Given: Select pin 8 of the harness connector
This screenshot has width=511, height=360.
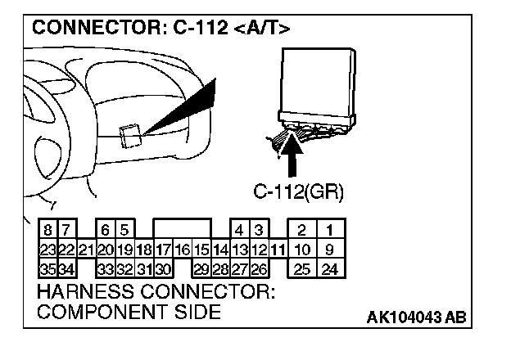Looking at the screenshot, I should (47, 232).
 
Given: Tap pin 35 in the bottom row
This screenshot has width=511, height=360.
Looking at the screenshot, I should (47, 268).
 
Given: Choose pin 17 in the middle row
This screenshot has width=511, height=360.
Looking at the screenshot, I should (162, 250).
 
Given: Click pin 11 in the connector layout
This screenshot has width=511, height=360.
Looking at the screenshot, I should (278, 250).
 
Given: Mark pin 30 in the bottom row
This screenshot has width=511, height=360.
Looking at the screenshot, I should (162, 268).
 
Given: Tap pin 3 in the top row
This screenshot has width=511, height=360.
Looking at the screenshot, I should (259, 232).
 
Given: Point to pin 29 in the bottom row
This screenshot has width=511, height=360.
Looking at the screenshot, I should (201, 268).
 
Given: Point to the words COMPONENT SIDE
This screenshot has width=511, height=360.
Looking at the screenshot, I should (129, 312).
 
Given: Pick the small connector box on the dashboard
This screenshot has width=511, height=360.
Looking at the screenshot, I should (129, 135).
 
